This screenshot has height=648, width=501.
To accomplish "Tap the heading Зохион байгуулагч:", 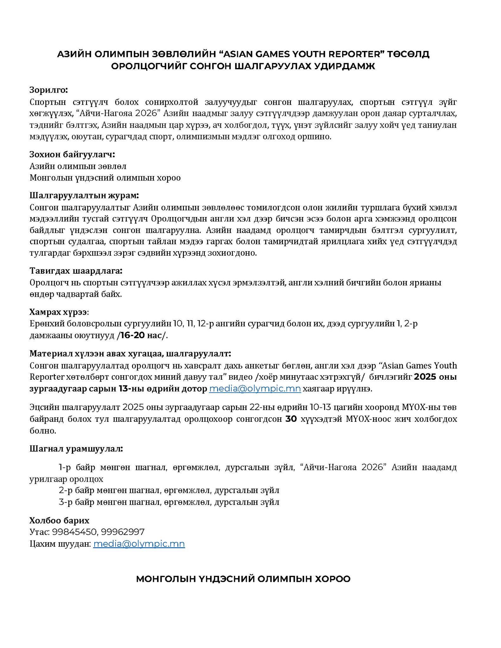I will tap(72, 154).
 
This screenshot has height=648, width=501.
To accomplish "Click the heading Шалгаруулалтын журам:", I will tap(84, 196).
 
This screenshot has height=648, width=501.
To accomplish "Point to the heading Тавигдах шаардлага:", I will tap(76, 271).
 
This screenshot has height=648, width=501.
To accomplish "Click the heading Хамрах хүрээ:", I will tap(59, 312).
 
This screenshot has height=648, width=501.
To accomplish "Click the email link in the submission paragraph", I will tap(255, 389).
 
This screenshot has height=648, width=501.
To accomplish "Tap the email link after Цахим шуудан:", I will tap(139, 544).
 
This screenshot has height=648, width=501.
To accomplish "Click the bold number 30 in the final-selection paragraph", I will tap(291, 419).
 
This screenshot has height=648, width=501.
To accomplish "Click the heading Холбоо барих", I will tap(59, 520).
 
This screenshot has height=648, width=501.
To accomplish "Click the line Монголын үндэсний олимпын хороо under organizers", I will tap(105, 178).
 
